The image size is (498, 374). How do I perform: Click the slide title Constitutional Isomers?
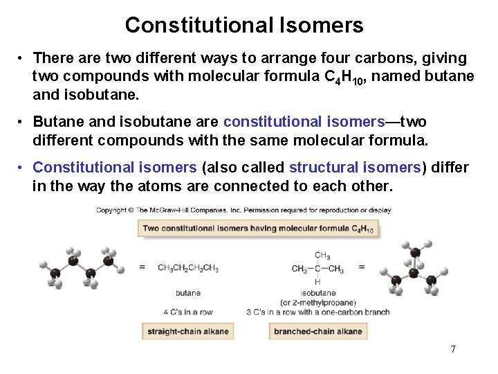(243, 26)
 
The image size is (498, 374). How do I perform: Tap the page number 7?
(453, 349)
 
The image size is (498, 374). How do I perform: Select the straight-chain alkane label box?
(187, 332)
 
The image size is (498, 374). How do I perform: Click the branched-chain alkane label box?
(317, 332)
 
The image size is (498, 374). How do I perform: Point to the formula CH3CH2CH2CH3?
(188, 269)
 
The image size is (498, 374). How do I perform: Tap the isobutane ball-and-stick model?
(413, 267)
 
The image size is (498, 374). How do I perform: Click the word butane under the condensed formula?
(188, 293)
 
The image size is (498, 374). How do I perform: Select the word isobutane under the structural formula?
(318, 293)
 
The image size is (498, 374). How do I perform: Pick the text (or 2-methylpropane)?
(318, 303)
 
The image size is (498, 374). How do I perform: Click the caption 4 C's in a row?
(188, 312)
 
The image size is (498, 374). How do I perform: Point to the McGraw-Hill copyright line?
(243, 211)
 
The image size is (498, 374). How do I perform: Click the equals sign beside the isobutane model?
(361, 267)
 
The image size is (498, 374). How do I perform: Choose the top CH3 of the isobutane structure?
(322, 256)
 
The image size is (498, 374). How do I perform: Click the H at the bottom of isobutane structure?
(317, 282)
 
